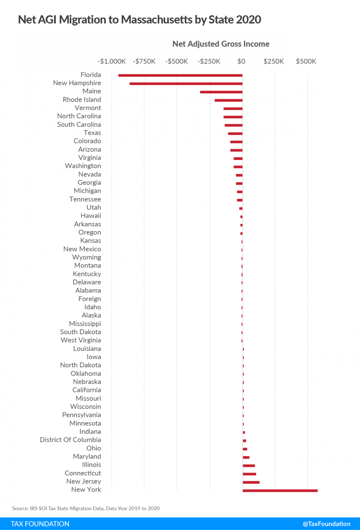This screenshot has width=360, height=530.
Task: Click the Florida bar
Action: [x=180, y=75]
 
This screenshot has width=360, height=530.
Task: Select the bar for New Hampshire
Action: [x=186, y=84]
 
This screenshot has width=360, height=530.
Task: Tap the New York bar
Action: [x=280, y=491]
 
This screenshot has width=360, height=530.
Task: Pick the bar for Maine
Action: [x=221, y=92]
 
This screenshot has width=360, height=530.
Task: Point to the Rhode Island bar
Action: [x=228, y=100]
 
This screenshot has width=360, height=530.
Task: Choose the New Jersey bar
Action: [x=251, y=482]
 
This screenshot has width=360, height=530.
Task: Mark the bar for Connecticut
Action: [x=249, y=474]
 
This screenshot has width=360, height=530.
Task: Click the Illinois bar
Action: [x=249, y=466]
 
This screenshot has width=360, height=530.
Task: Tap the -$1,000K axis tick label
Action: [x=112, y=61]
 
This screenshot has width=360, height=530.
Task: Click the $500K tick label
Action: [x=306, y=61]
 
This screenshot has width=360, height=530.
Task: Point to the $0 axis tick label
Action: [x=241, y=61]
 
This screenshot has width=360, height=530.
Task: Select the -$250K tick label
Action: [x=209, y=61]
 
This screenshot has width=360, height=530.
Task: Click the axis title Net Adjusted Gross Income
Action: [x=221, y=44]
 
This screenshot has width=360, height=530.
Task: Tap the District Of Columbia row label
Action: [x=70, y=440]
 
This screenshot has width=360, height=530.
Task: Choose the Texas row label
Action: [x=92, y=133]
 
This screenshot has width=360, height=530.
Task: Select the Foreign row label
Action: [x=89, y=299]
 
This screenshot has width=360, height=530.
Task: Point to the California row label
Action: [x=86, y=390]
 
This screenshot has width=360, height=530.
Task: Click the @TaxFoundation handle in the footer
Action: [x=326, y=524]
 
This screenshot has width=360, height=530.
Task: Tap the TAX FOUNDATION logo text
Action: [x=40, y=524]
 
